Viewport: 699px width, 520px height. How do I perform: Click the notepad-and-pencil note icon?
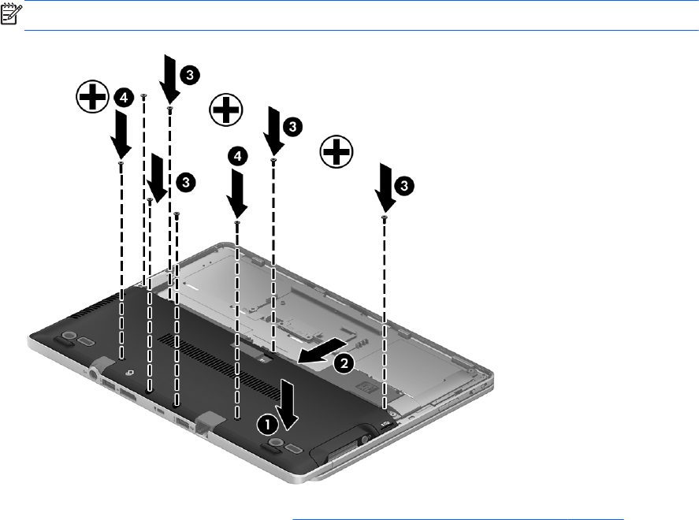[x=11, y=13]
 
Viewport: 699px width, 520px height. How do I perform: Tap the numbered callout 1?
[x=267, y=425]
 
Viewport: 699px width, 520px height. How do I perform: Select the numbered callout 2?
[x=344, y=363]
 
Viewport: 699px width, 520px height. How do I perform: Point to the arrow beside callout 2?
[x=322, y=351]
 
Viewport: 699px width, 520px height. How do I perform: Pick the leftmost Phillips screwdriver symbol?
[x=92, y=96]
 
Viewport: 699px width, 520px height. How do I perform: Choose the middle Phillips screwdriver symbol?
[x=226, y=110]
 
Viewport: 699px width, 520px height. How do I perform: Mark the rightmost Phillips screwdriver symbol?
[x=336, y=151]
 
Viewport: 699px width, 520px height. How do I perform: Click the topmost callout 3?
[x=190, y=74]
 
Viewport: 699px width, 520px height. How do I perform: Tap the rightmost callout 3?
[x=404, y=185]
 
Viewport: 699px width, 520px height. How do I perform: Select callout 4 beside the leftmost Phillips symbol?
[x=124, y=97]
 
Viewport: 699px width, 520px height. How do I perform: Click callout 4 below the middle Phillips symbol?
[x=238, y=156]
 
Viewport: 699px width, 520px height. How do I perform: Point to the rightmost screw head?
[x=385, y=217]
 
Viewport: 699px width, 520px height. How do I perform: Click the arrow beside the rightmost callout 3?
[x=385, y=188]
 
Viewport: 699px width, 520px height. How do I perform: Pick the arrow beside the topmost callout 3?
[x=170, y=80]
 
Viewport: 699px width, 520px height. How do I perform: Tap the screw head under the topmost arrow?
[x=169, y=108]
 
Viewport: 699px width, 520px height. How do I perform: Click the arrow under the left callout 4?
[x=121, y=135]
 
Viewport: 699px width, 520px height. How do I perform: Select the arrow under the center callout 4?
[x=237, y=195]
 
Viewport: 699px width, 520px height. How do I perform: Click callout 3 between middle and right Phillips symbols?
[x=292, y=127]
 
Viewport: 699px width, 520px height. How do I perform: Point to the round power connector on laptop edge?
[x=95, y=373]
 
